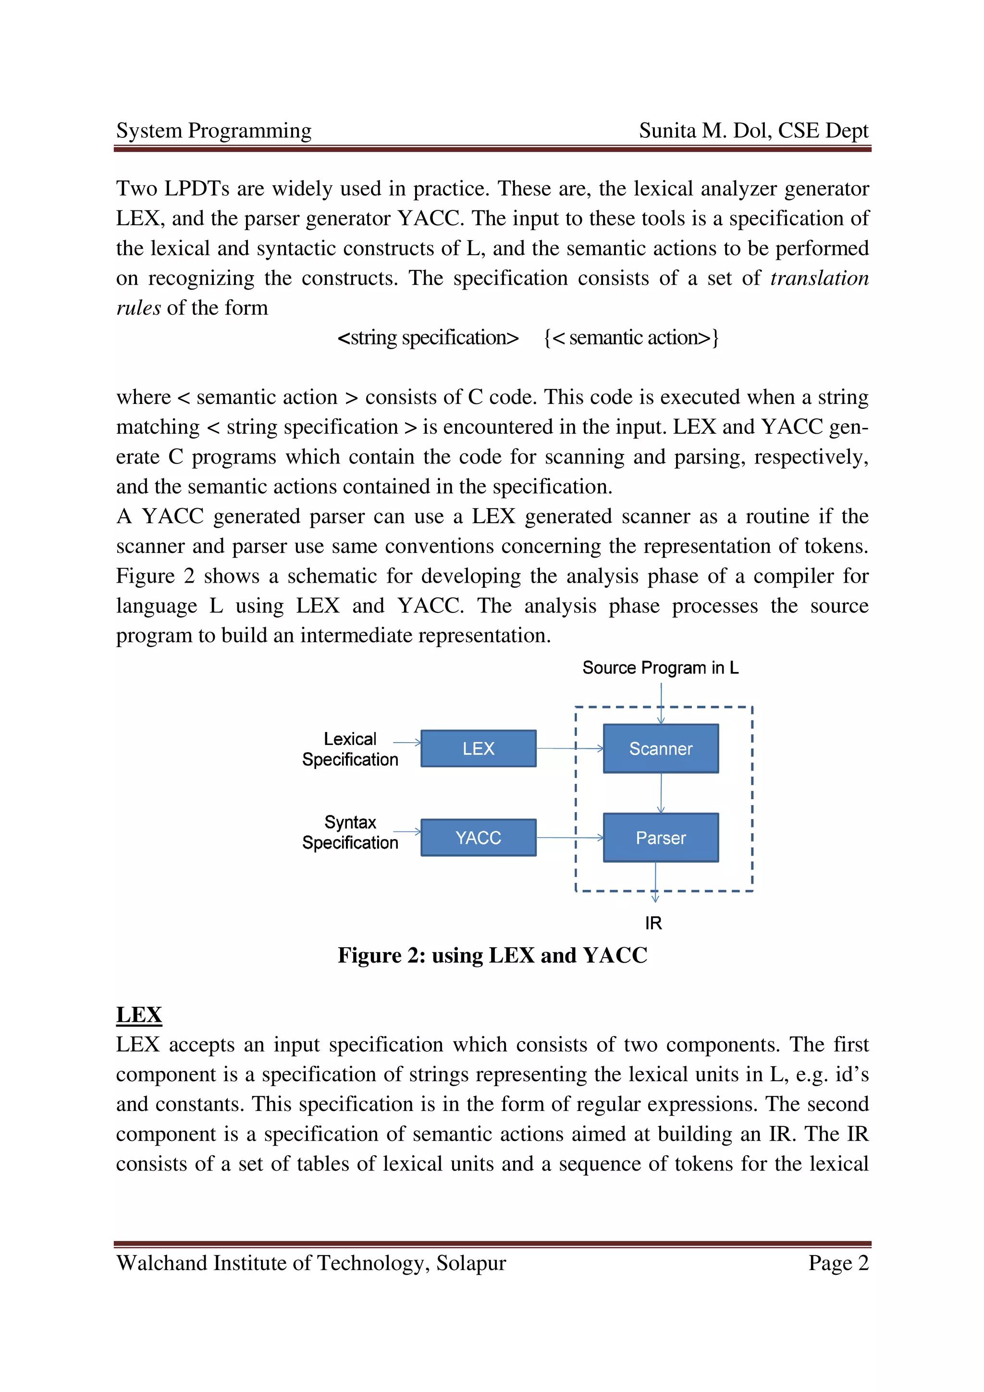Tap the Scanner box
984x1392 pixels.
[660, 748]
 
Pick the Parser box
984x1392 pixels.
[660, 837]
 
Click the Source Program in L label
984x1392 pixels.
[660, 668]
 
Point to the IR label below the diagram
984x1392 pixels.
[653, 923]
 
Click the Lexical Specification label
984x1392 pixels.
[350, 749]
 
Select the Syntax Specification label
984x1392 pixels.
[350, 832]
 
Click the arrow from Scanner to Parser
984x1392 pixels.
[660, 793]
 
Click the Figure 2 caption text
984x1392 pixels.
[492, 955]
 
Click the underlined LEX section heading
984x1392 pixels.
[139, 1014]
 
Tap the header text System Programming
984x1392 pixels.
[213, 130]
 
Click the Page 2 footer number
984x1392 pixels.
[838, 1262]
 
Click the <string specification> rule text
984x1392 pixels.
[428, 337]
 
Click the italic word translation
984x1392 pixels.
[819, 278]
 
